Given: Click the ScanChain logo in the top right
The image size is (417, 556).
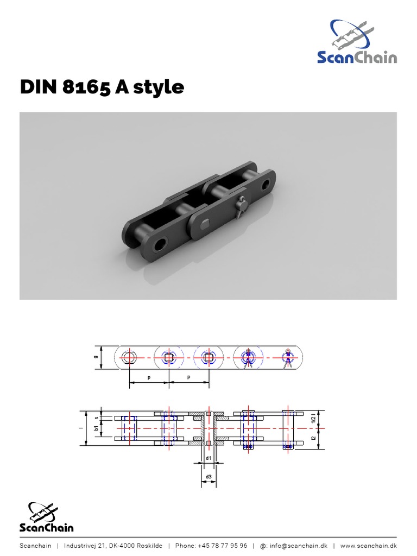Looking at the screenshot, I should click(x=357, y=43).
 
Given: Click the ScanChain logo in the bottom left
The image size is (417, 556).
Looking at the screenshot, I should click(x=46, y=517).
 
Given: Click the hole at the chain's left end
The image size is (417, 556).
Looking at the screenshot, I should click(x=159, y=245).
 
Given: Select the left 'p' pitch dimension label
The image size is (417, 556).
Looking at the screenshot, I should click(x=149, y=376).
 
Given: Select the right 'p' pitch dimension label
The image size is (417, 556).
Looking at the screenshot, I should click(x=189, y=376).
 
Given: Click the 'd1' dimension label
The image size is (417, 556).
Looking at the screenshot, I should click(x=208, y=459).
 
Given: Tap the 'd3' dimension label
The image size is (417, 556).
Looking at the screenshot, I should click(x=208, y=478).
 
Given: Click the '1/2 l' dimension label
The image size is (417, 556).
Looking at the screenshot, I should click(x=313, y=419).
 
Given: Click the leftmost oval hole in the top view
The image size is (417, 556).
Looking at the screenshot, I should click(x=129, y=357).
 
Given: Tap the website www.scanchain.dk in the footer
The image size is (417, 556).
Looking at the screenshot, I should click(x=368, y=546).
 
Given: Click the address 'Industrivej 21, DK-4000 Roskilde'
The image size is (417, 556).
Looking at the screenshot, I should click(x=113, y=546).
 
